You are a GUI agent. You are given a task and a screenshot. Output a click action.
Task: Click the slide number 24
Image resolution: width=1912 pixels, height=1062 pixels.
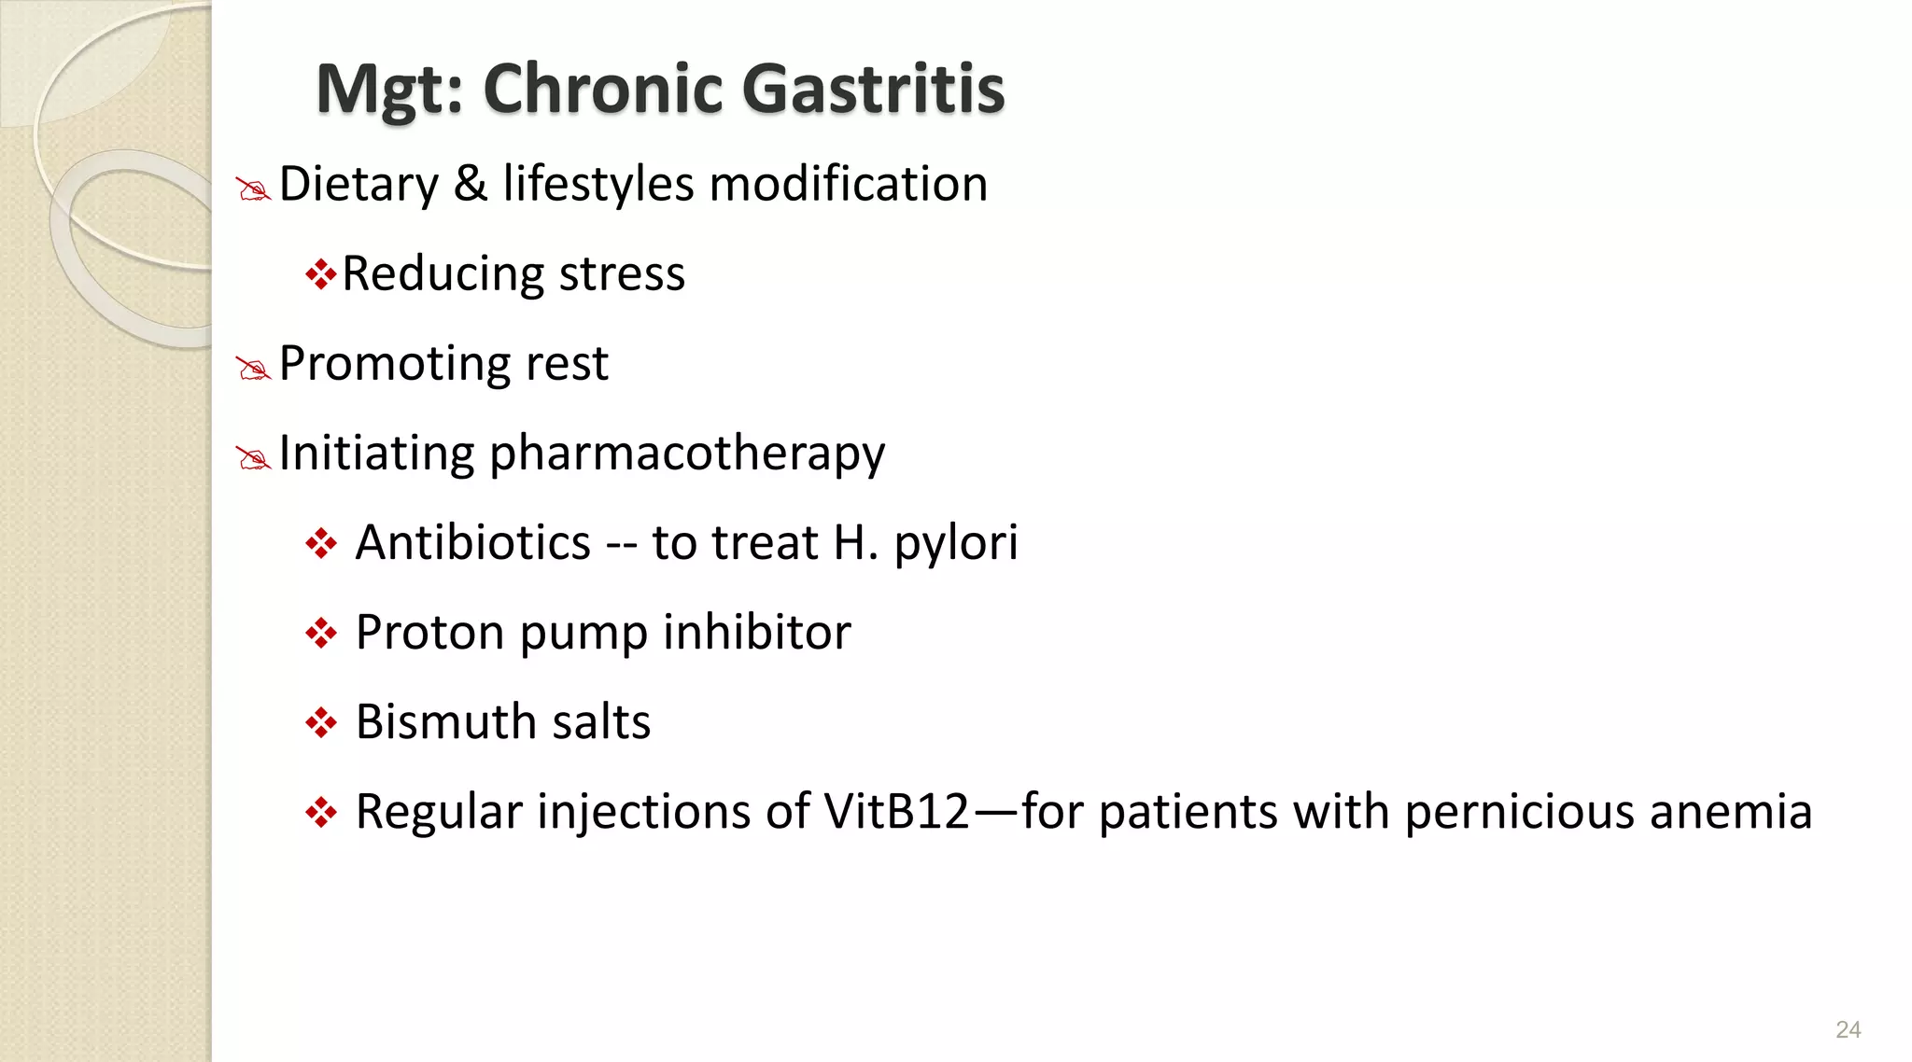click(x=1848, y=1029)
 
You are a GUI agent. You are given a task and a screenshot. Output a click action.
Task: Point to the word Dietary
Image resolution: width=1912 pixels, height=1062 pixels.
click(x=358, y=185)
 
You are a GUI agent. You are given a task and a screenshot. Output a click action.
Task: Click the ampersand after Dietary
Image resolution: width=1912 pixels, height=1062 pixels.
click(x=471, y=184)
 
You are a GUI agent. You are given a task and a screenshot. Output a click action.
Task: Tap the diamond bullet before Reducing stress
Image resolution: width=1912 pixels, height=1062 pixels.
click(x=320, y=274)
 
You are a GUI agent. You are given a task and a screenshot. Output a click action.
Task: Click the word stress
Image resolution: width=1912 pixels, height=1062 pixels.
click(x=622, y=274)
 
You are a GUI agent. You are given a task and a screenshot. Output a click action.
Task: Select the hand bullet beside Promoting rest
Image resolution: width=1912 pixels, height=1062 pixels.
click(x=253, y=369)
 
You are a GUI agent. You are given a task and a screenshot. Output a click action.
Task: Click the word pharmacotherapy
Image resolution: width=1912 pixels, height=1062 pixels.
click(x=687, y=455)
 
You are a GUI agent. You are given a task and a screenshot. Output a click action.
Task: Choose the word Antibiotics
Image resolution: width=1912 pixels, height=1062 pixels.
click(x=473, y=543)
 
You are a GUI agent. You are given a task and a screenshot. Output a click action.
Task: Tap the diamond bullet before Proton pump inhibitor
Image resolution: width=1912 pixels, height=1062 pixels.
click(x=320, y=634)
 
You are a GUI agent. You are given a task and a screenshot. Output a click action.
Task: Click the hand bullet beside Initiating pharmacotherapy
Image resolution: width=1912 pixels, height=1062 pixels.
click(x=253, y=458)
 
